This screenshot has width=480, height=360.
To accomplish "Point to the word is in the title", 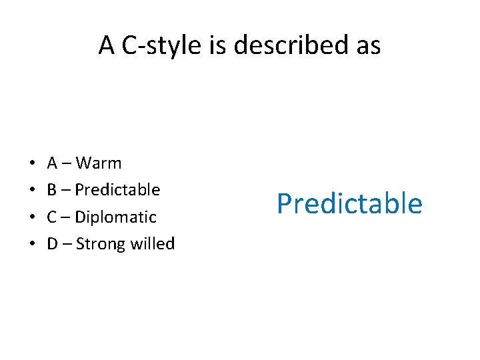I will click(228, 45).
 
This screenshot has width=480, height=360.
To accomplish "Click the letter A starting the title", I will click(107, 45).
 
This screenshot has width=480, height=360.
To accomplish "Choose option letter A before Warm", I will click(52, 163).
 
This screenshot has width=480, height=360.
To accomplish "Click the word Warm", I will click(99, 163).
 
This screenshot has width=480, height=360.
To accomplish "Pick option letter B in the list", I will click(52, 190).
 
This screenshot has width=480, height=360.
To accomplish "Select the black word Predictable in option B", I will click(117, 190).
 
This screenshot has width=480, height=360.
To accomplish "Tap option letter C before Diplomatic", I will click(52, 217).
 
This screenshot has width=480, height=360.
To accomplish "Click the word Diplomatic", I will click(116, 217).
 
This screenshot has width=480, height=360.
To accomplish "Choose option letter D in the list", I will click(52, 244).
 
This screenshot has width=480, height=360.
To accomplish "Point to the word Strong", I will click(97, 245).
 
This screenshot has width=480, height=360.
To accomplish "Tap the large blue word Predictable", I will click(349, 203).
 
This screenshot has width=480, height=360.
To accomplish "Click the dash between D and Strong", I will click(67, 245).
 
